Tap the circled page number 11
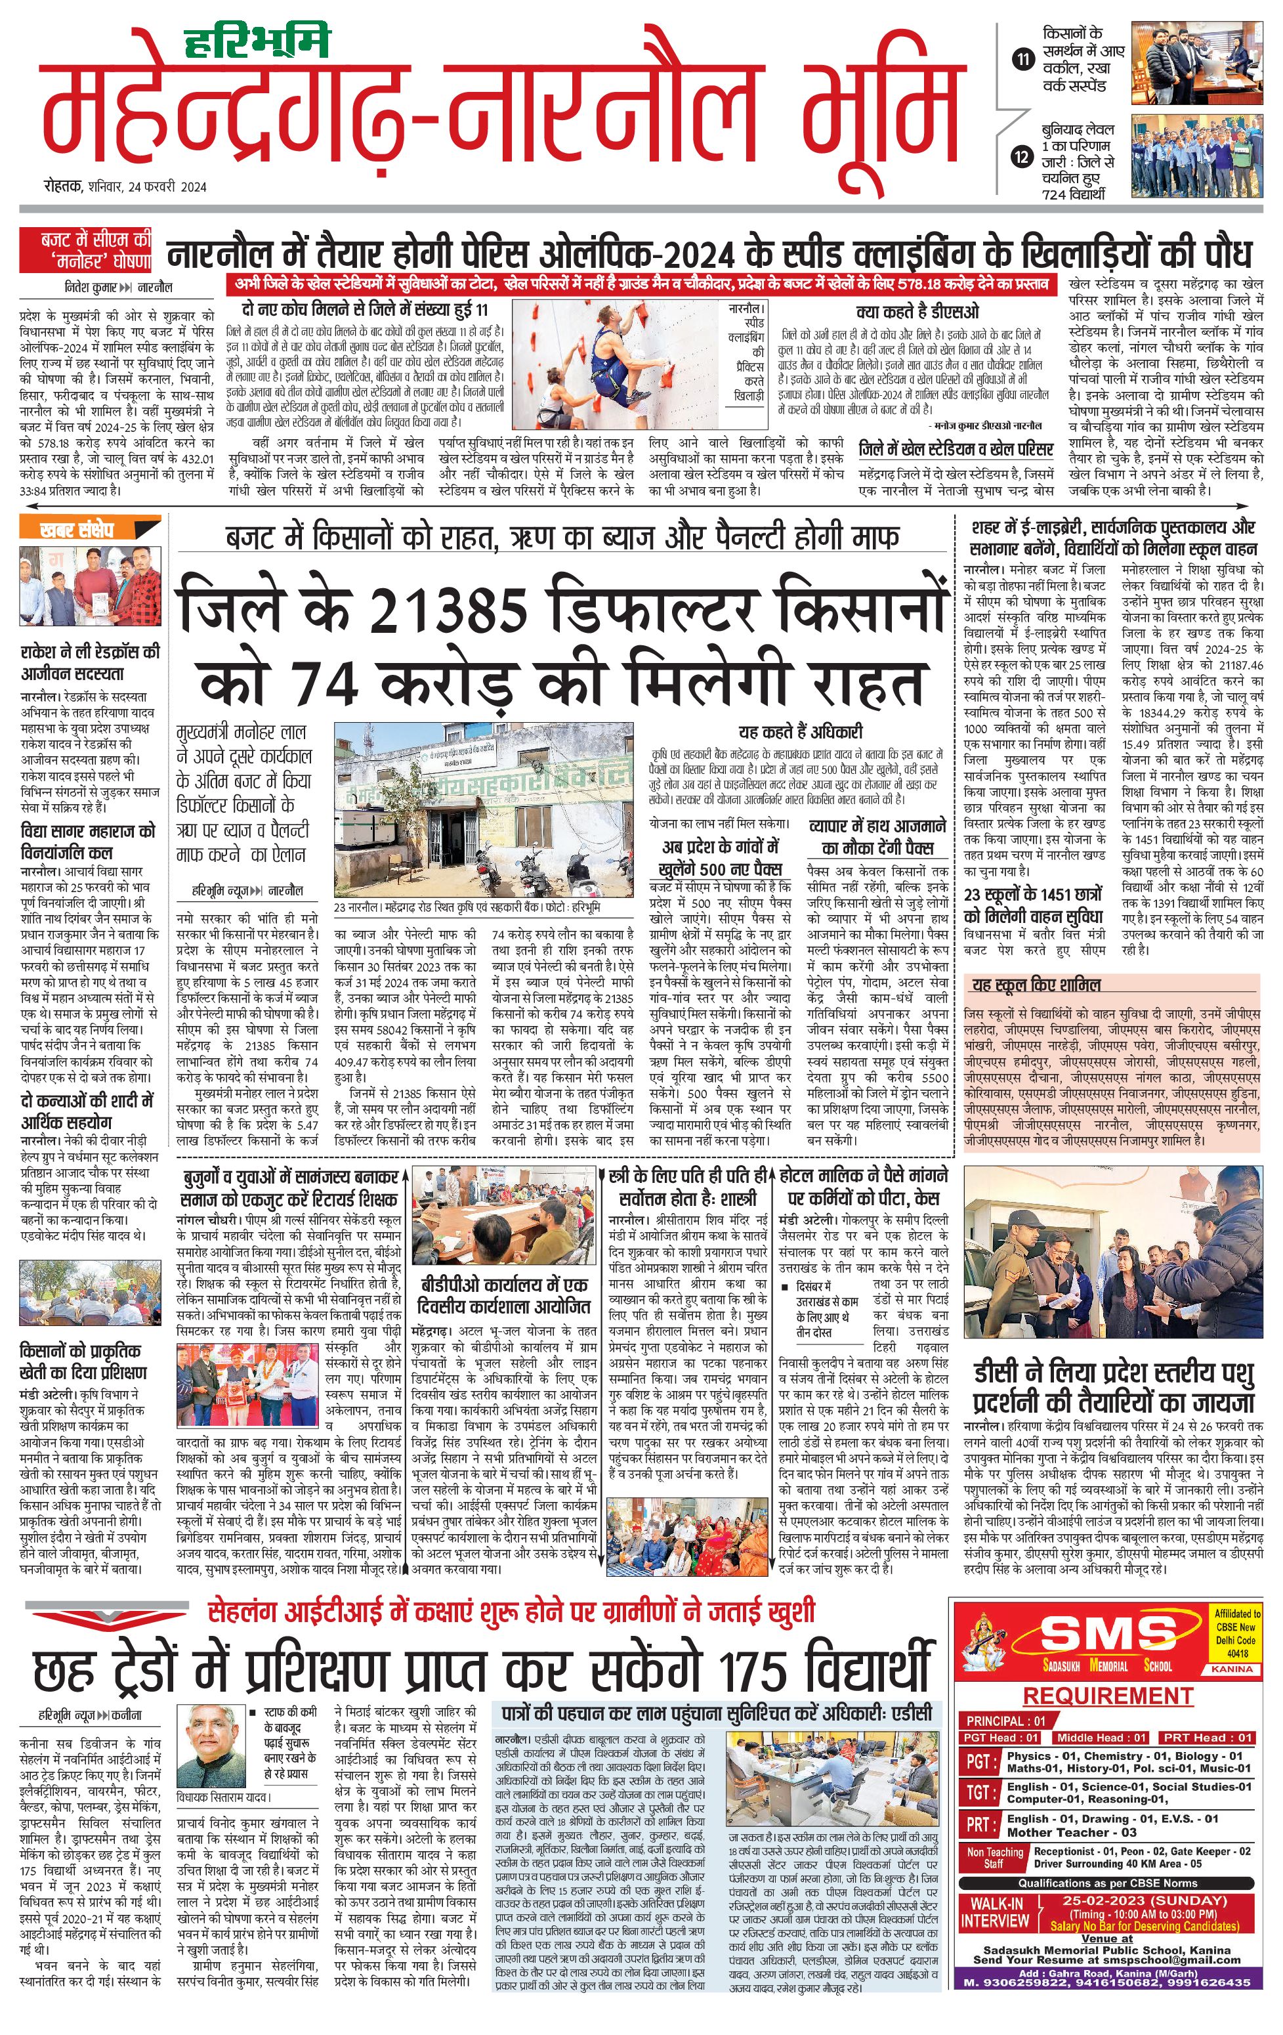pyautogui.click(x=1023, y=59)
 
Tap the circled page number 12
pyautogui.click(x=1023, y=157)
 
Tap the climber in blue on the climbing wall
pyautogui.click(x=621, y=359)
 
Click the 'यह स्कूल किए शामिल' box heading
pyautogui.click(x=1036, y=985)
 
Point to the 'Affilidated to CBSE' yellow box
pyautogui.click(x=1236, y=1630)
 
